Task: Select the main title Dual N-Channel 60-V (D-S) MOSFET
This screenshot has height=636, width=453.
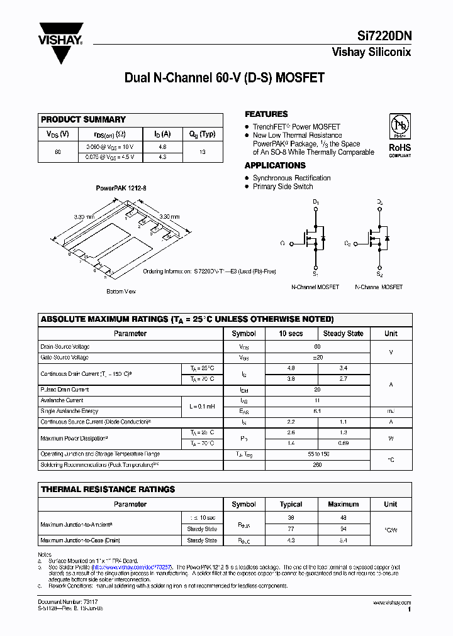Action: tap(225, 78)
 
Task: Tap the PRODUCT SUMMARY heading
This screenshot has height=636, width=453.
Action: tap(83, 119)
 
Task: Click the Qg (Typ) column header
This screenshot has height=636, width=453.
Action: tap(202, 134)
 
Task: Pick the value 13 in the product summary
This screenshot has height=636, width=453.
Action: tap(202, 151)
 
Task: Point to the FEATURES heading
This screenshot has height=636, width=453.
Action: tap(266, 114)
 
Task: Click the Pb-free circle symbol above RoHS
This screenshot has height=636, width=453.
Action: tap(400, 125)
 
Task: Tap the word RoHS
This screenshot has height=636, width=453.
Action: tap(400, 148)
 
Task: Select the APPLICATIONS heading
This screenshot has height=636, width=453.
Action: tap(275, 165)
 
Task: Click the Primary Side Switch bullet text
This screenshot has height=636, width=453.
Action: tap(282, 187)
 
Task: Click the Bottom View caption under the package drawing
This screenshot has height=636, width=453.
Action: tap(121, 292)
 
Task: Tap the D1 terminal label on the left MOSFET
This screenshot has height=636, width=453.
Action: tap(316, 202)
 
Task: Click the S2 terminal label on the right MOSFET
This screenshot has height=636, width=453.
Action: tap(379, 274)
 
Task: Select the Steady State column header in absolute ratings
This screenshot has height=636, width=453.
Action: tap(343, 334)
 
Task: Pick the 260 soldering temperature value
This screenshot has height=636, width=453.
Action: tap(317, 465)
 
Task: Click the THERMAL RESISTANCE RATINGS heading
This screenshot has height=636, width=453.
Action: tap(108, 489)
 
